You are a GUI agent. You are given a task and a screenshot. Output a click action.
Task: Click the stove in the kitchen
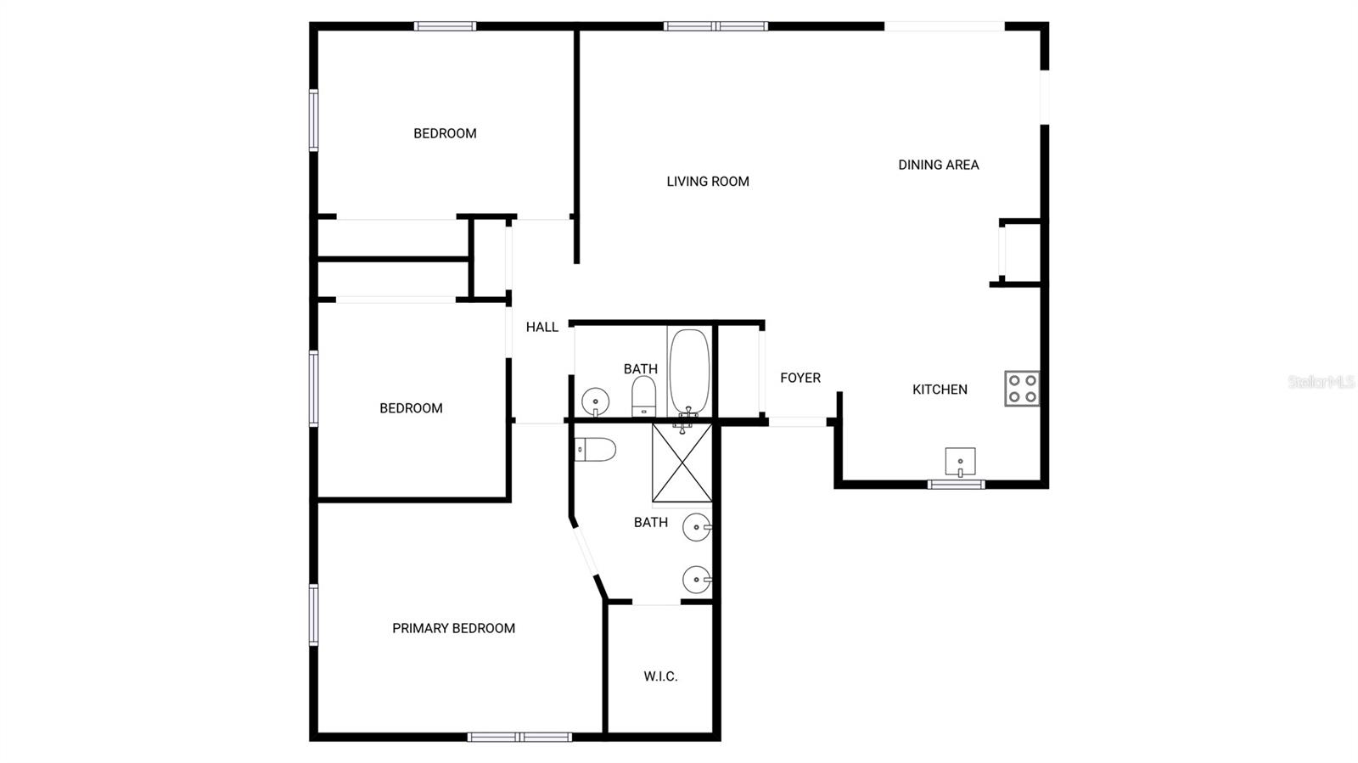pyautogui.click(x=1022, y=389)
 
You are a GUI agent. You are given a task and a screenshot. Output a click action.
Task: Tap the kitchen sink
pyautogui.click(x=960, y=462)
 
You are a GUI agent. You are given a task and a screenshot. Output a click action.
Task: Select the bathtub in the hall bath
pyautogui.click(x=688, y=372)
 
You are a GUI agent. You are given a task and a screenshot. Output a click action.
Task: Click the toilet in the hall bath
pyautogui.click(x=644, y=396)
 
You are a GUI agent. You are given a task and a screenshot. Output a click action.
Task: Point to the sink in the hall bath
pyautogui.click(x=595, y=400)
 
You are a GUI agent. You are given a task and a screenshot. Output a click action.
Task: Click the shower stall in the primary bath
pyautogui.click(x=682, y=463)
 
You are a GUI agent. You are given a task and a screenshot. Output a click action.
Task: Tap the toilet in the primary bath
pyautogui.click(x=594, y=449)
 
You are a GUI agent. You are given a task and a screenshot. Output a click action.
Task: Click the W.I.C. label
pyautogui.click(x=660, y=676)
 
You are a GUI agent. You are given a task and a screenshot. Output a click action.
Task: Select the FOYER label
pyautogui.click(x=800, y=378)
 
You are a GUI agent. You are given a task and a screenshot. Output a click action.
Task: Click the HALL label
pyautogui.click(x=542, y=327)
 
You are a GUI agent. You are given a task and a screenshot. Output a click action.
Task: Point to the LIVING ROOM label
pyautogui.click(x=708, y=181)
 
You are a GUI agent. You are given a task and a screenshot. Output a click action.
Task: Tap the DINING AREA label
pyautogui.click(x=939, y=165)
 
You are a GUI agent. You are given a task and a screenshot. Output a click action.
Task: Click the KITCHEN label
pyautogui.click(x=940, y=390)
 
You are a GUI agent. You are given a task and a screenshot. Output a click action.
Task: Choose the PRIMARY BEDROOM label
pyautogui.click(x=453, y=628)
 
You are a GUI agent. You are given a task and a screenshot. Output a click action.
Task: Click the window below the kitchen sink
pyautogui.click(x=956, y=485)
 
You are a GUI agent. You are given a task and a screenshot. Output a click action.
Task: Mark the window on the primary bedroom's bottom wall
pyautogui.click(x=519, y=737)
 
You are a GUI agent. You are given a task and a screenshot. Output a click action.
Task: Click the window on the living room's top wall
pyautogui.click(x=715, y=26)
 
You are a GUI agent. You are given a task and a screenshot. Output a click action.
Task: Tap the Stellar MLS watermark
pyautogui.click(x=1322, y=382)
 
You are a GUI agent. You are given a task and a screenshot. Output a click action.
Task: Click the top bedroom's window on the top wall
pyautogui.click(x=445, y=26)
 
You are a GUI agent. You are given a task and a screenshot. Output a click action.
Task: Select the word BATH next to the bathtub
pyautogui.click(x=641, y=368)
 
